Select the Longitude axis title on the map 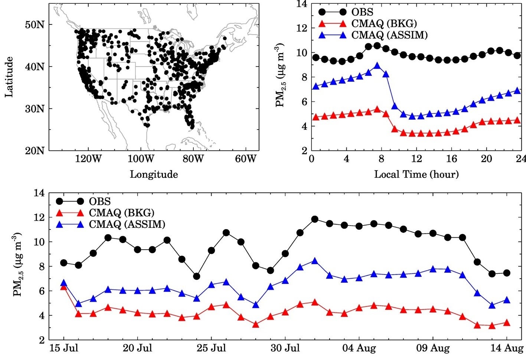pyautogui.click(x=154, y=174)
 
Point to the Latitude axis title pyautogui.click(x=9, y=77)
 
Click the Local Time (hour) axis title pyautogui.click(x=416, y=174)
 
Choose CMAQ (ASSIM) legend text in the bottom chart pyautogui.click(x=127, y=224)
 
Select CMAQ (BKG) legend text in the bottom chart pyautogui.click(x=121, y=213)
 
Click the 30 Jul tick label pyautogui.click(x=285, y=349)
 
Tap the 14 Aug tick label pyautogui.click(x=507, y=349)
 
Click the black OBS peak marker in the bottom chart pyautogui.click(x=315, y=219)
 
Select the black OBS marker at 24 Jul pyautogui.click(x=197, y=276)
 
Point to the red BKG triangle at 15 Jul pyautogui.click(x=64, y=287)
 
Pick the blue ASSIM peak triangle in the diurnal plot pyautogui.click(x=377, y=66)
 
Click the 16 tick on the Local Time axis pyautogui.click(x=451, y=159)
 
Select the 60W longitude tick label pyautogui.click(x=246, y=159)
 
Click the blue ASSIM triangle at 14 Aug pyautogui.click(x=507, y=300)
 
